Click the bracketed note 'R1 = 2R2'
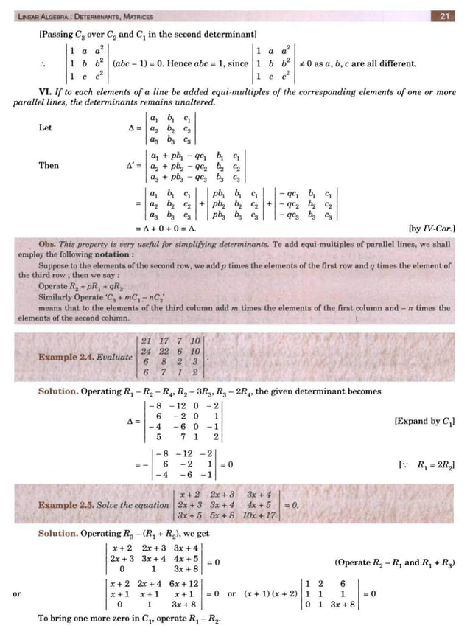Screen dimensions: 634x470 point(427,465)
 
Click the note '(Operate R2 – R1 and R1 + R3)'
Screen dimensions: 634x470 point(395,562)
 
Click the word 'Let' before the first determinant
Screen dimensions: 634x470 point(45,128)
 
